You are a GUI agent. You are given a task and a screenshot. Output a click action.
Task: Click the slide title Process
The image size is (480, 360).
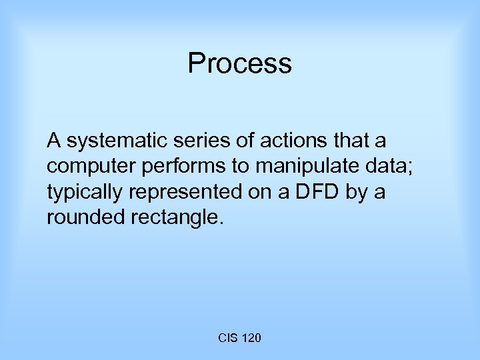(x=239, y=64)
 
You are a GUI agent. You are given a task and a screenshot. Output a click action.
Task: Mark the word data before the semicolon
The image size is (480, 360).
(x=393, y=167)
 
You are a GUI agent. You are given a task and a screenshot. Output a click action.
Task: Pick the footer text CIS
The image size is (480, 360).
(x=227, y=339)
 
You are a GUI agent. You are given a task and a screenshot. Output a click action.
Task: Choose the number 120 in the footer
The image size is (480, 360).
(x=251, y=339)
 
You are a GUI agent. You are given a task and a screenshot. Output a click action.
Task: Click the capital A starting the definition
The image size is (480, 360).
(x=53, y=141)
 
